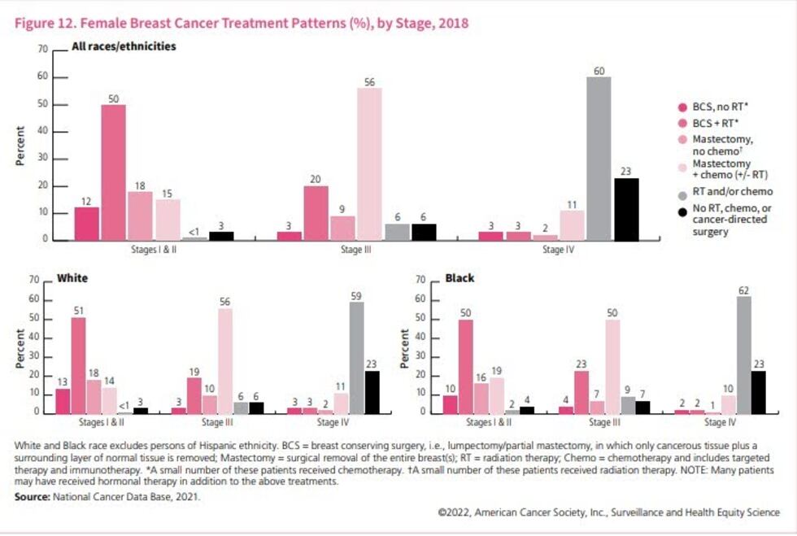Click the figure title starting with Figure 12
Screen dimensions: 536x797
[242, 23]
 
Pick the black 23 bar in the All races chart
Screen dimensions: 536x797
[625, 209]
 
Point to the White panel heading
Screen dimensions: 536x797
[72, 278]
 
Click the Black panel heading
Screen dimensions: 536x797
[459, 278]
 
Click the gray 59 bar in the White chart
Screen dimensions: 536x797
[356, 357]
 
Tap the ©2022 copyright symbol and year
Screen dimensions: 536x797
[451, 512]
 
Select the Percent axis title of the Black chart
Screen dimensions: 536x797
[406, 347]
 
